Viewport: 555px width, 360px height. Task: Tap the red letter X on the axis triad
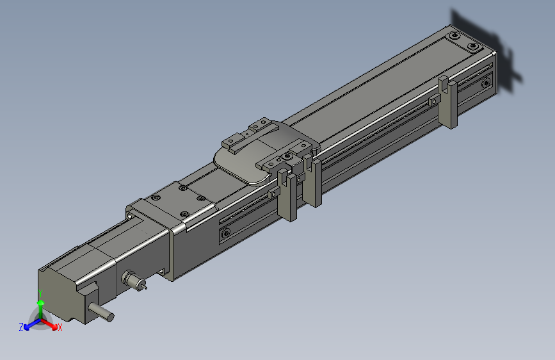60,328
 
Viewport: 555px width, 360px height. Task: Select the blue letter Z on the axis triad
21,327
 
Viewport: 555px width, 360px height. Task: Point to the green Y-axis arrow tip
40,302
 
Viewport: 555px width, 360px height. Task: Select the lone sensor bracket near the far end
448,102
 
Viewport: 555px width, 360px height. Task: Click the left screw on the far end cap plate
454,36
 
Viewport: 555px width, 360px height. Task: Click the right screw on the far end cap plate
473,47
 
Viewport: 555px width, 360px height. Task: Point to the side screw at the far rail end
485,82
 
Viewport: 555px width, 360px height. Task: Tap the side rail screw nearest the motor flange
225,234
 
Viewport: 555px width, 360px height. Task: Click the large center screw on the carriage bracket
289,156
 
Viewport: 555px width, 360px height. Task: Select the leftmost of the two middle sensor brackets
288,195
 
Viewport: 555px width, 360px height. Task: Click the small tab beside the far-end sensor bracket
435,100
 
